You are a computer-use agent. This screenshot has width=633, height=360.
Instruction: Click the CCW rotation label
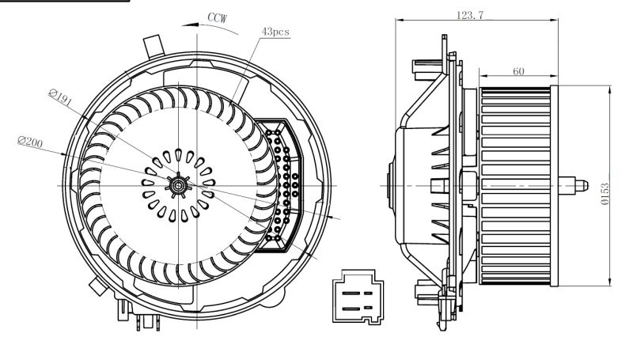218,16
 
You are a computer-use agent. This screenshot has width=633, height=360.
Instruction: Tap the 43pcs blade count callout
276,31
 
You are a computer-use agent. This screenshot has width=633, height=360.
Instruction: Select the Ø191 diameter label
60,97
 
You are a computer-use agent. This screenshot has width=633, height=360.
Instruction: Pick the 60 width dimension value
518,71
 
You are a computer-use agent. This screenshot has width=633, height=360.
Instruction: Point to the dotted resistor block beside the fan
281,186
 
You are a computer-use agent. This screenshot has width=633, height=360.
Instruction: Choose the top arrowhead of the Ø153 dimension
612,89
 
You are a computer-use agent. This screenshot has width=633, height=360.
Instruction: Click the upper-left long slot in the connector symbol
349,289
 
